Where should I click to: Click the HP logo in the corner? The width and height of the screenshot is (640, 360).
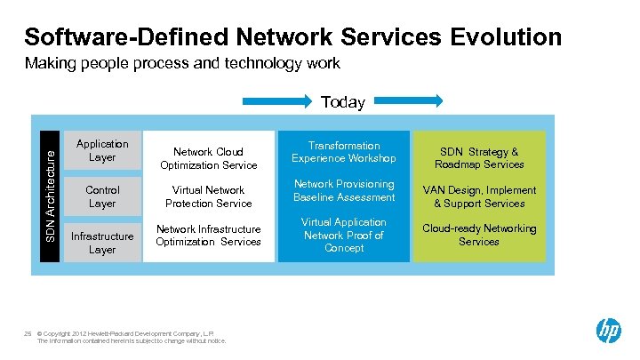click(609, 332)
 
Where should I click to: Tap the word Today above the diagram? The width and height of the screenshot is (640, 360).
click(343, 102)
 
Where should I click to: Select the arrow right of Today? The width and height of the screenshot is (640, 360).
click(408, 101)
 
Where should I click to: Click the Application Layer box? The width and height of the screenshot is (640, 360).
click(102, 150)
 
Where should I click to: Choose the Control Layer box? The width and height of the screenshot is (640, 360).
click(102, 196)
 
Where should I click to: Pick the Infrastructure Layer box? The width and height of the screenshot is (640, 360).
click(102, 243)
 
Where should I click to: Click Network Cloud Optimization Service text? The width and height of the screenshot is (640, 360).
click(209, 158)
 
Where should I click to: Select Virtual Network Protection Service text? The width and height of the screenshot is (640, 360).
click(209, 196)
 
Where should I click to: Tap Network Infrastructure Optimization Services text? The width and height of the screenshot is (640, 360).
click(209, 236)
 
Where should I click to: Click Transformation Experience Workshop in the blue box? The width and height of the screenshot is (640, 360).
click(344, 152)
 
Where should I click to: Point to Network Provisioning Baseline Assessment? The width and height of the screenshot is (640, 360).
click(344, 190)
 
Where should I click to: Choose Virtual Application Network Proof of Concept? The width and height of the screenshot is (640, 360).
click(344, 235)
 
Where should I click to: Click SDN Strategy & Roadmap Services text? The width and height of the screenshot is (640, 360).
click(479, 158)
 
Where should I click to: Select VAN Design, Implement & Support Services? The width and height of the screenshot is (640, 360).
click(479, 196)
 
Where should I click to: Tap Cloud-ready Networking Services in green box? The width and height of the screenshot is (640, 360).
click(479, 235)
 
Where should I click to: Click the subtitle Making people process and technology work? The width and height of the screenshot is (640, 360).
click(182, 64)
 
